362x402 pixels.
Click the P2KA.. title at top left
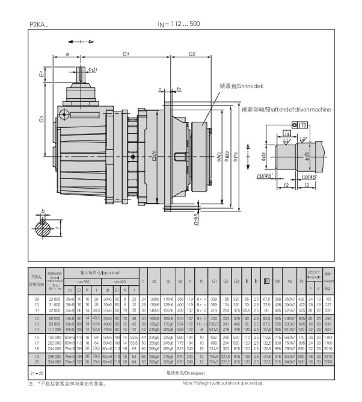(40, 24)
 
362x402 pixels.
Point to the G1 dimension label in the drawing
(126, 54)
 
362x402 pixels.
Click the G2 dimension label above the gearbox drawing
(191, 54)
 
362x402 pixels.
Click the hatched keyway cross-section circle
(43, 227)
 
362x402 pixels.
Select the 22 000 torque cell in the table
(55, 299)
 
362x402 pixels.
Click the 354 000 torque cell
(55, 362)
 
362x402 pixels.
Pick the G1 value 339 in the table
(214, 299)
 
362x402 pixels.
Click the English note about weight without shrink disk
(223, 383)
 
